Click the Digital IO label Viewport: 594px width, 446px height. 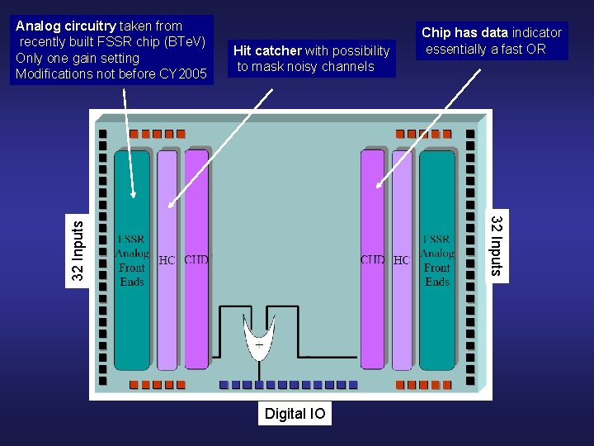pyautogui.click(x=295, y=414)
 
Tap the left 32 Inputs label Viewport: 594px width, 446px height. pyautogui.click(x=78, y=248)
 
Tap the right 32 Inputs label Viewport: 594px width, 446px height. pyautogui.click(x=497, y=245)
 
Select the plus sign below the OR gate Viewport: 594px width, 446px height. pyautogui.click(x=259, y=344)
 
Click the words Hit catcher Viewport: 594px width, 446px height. pyautogui.click(x=267, y=51)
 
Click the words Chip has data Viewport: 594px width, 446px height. pyautogui.click(x=464, y=33)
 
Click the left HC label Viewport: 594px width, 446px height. pyautogui.click(x=167, y=260)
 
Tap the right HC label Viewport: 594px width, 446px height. pyautogui.click(x=401, y=260)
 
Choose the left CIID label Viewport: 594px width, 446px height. pyautogui.click(x=196, y=259)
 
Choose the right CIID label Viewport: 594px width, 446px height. pyautogui.click(x=372, y=259)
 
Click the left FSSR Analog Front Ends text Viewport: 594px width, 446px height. pyautogui.click(x=132, y=260)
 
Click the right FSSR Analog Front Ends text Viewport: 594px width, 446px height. pyautogui.click(x=436, y=260)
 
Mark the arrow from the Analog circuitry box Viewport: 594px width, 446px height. pyautogui.click(x=129, y=140)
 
